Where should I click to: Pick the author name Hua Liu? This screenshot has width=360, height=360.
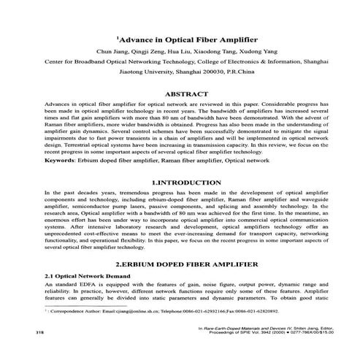pyautogui.click(x=189, y=53)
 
